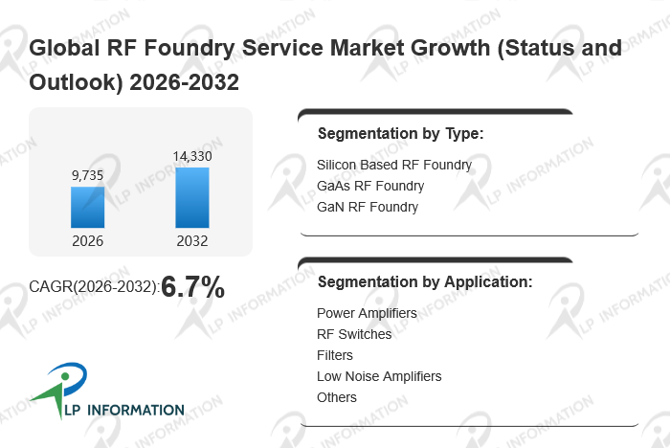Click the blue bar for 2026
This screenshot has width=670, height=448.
87,207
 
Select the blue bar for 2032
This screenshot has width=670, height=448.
191,197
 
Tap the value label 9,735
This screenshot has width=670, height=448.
87,175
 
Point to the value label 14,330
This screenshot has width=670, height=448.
191,156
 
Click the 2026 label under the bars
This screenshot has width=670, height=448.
87,240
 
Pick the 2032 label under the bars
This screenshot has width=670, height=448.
191,240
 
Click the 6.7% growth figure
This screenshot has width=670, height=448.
192,285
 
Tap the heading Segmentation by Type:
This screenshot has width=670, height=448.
400,133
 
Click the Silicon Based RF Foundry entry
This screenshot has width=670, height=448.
393,165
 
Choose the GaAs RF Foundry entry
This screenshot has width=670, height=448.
369,186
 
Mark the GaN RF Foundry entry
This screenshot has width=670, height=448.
367,206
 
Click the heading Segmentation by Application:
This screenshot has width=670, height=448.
424,282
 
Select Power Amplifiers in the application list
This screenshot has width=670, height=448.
367,313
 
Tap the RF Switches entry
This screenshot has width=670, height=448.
353,334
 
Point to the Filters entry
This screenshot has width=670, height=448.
335,355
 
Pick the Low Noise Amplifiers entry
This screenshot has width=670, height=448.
379,376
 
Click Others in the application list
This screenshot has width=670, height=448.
336,397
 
